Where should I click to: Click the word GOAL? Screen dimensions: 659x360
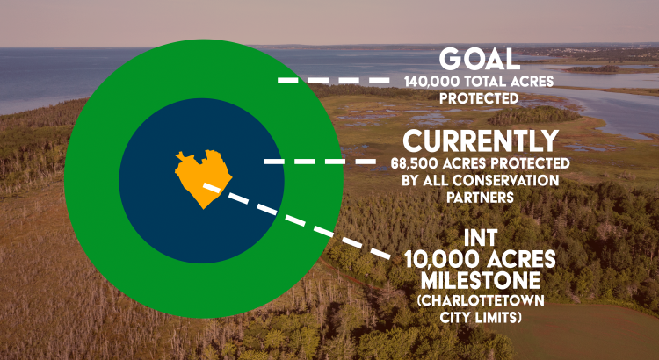click(480, 60)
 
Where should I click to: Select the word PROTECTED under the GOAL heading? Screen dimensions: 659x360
click(479, 98)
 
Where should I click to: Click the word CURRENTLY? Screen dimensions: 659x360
click(481, 141)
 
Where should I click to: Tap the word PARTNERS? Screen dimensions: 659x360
click(480, 198)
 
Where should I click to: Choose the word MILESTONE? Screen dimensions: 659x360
click(481, 281)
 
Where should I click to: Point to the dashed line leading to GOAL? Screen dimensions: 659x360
click(333, 80)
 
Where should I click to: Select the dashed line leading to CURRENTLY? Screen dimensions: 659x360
click(320, 162)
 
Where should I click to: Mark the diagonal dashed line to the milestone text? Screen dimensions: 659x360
click(297, 221)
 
